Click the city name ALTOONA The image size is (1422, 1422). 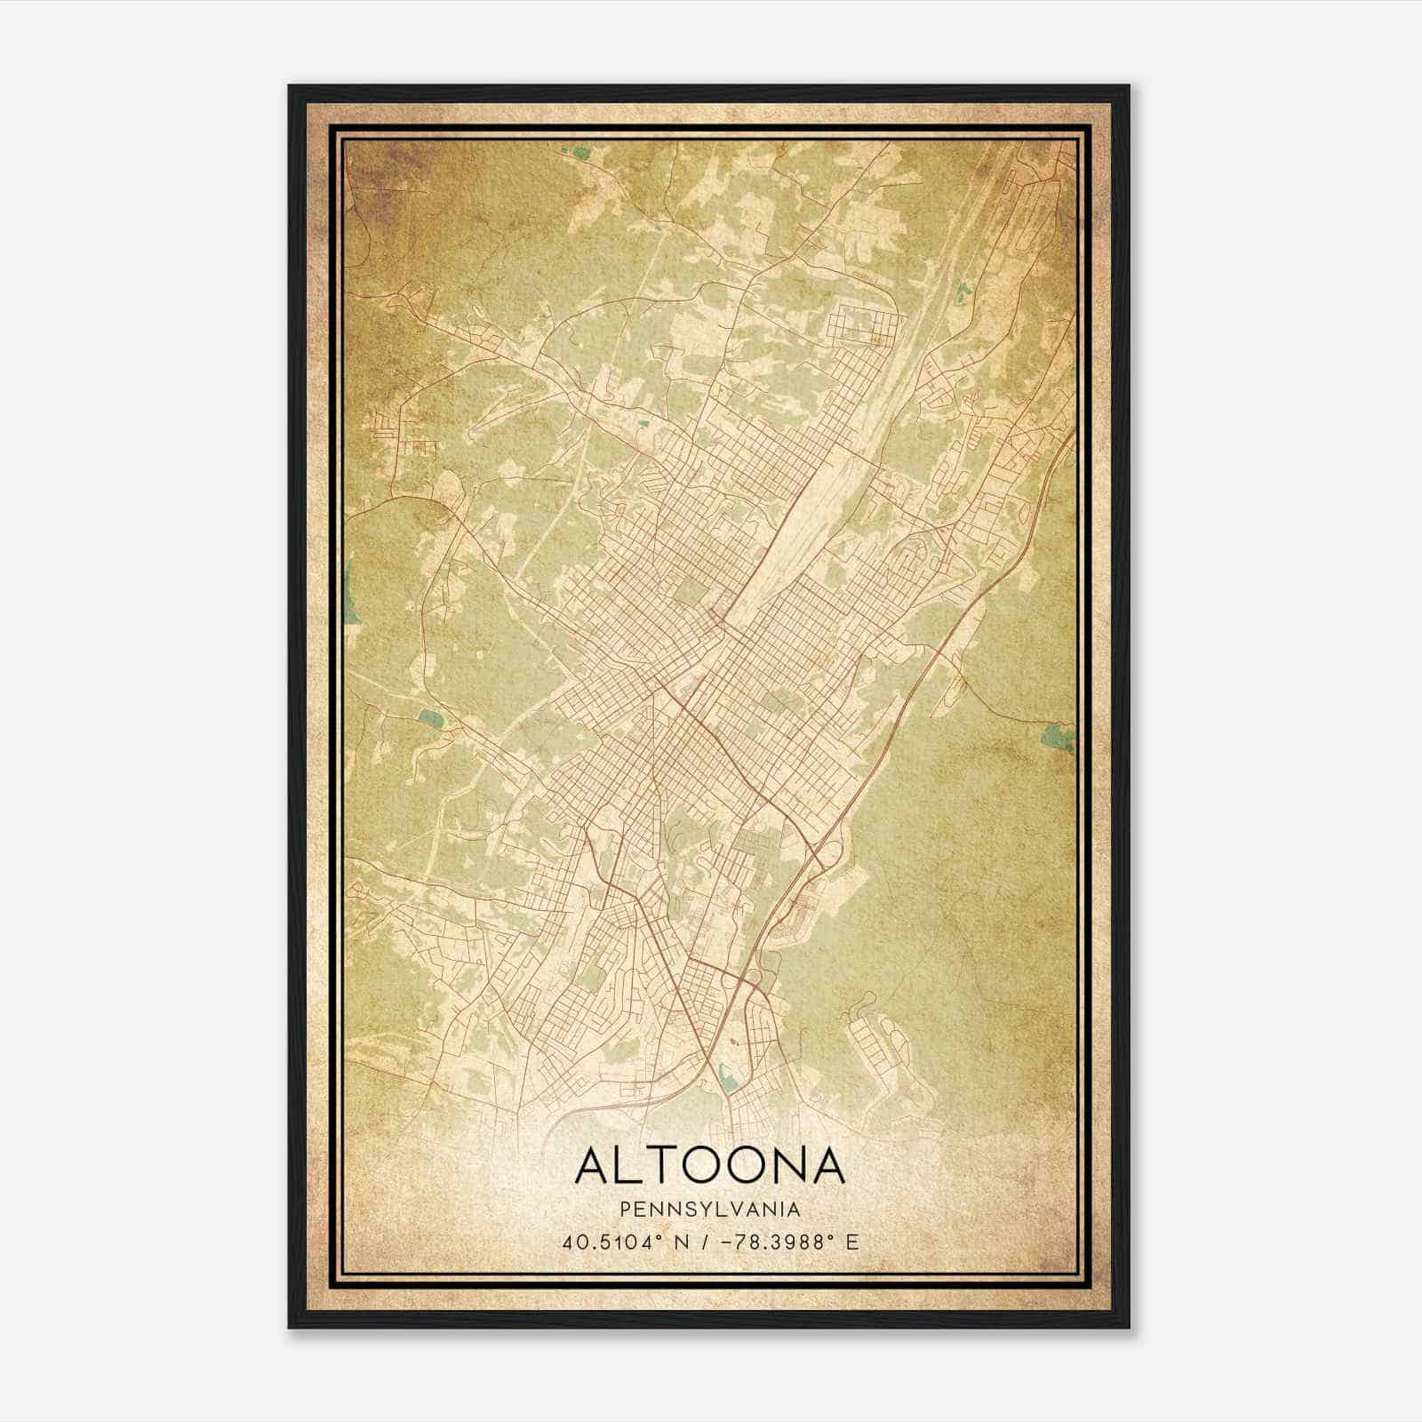[709, 1165]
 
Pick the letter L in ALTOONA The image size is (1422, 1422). [628, 1165]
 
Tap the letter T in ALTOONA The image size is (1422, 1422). [664, 1165]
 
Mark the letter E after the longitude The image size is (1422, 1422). [851, 1242]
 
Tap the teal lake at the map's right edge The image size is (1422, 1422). [1059, 736]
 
